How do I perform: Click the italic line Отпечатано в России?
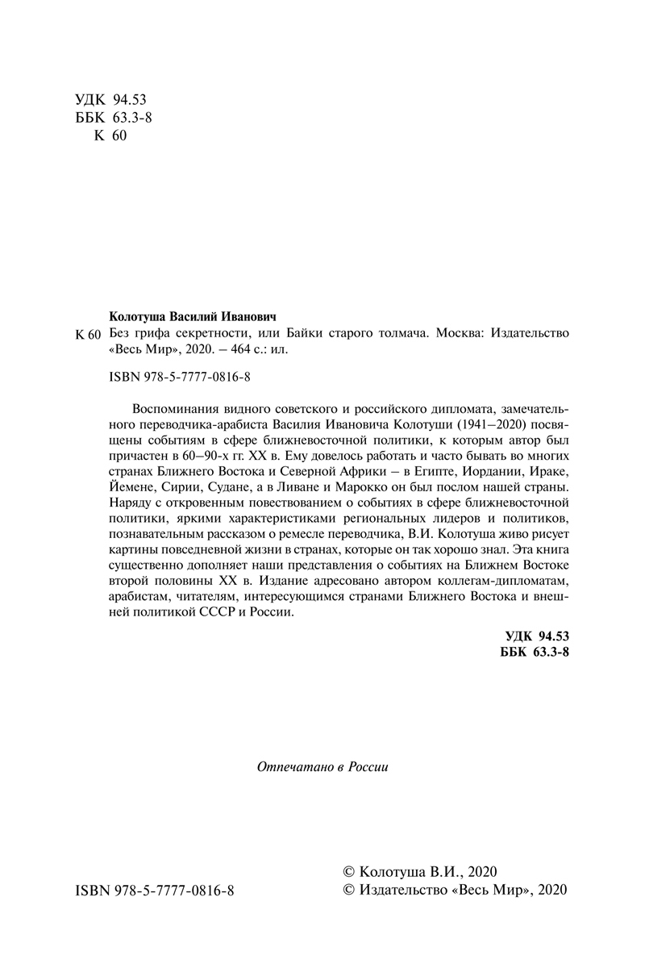pyautogui.click(x=322, y=767)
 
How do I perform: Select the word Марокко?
pyautogui.click(x=384, y=489)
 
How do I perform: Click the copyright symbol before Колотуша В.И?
pyautogui.click(x=348, y=872)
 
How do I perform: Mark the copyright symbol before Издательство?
pyautogui.click(x=348, y=890)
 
